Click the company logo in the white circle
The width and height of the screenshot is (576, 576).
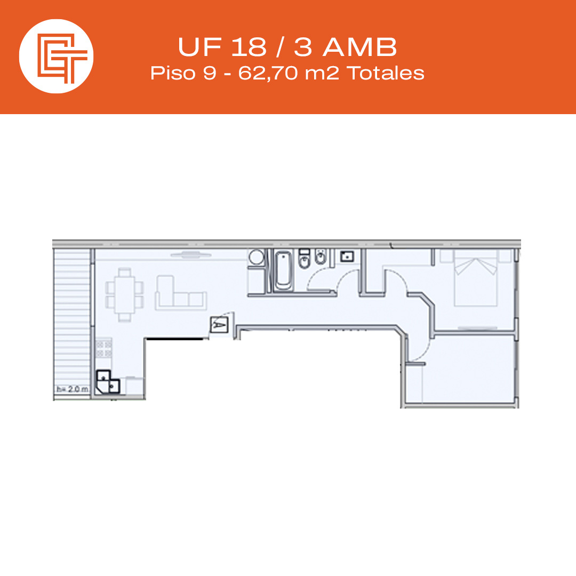pos(62,59)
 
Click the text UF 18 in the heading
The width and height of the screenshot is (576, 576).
pos(222,47)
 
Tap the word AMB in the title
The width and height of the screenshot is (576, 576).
pos(360,47)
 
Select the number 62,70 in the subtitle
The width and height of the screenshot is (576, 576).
pos(268,73)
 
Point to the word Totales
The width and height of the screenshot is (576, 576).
pos(386,73)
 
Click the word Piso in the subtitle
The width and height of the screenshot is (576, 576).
pos(173,73)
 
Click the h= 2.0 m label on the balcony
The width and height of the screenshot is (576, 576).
pos(73,389)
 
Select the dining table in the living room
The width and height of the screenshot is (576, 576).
pos(124,294)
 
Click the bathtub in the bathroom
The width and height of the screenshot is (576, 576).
pos(284,270)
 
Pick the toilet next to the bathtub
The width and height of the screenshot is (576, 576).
pos(304,259)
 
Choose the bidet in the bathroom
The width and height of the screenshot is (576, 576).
pos(321,257)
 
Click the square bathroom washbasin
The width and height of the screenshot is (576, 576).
pos(347,256)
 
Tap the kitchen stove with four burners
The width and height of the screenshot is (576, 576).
pos(103,349)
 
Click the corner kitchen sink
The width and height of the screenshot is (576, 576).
pos(108,382)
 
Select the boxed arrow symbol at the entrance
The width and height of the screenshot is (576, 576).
pos(219,325)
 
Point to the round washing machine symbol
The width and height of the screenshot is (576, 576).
pos(257,257)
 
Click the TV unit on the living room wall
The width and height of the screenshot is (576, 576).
pos(191,254)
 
